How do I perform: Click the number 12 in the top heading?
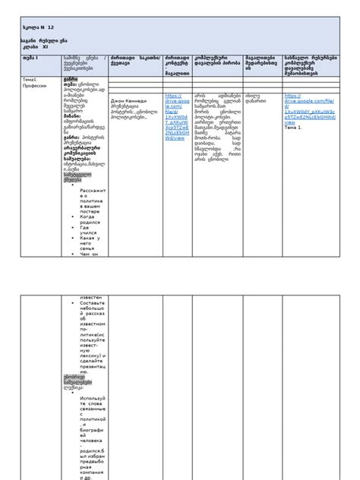pyautogui.click(x=50, y=27)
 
